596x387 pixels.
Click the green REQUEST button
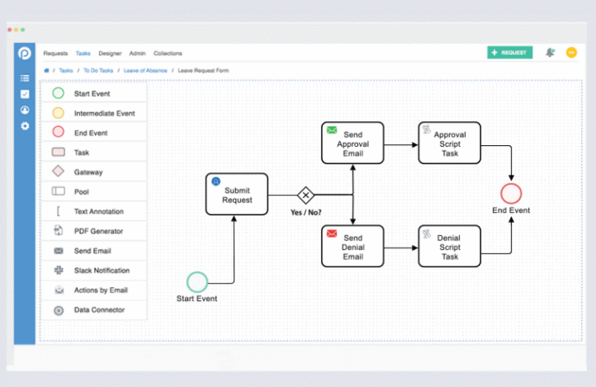[510, 53]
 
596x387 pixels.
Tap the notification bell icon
[550, 53]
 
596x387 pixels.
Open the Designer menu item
[110, 53]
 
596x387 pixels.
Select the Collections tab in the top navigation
[168, 53]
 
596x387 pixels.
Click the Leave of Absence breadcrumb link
[145, 70]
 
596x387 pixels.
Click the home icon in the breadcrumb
[47, 70]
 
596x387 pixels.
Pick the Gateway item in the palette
[88, 172]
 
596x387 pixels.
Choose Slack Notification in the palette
[102, 270]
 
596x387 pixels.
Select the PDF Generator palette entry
[98, 231]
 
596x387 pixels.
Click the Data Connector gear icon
[58, 310]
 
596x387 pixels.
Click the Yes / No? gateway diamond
[306, 195]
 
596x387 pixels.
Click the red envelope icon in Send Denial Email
[331, 234]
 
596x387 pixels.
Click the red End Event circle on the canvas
[511, 193]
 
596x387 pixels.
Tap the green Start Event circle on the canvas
[197, 282]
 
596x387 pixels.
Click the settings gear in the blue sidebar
[25, 126]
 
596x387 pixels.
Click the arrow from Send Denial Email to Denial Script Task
[400, 248]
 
